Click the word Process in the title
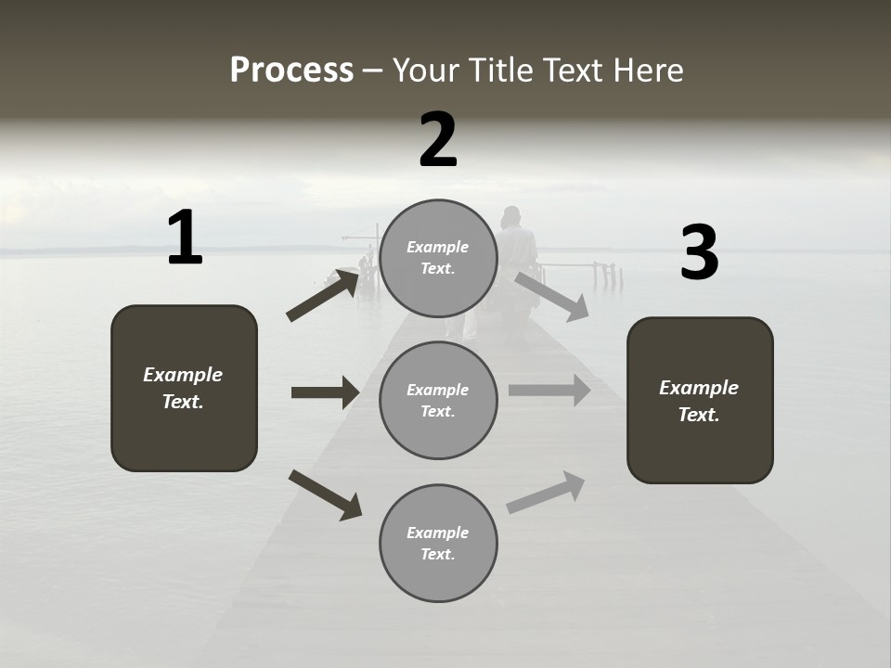coord(291,71)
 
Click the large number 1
coord(185,238)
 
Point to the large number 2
coord(438,140)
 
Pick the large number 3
coord(699,252)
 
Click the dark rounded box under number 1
coord(184,388)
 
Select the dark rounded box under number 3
coord(700,400)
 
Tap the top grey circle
coord(438,258)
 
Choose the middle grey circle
coord(438,400)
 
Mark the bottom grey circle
coord(438,543)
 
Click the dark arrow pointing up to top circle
coord(323,295)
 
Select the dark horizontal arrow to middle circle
coord(325,392)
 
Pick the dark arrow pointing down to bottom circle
coord(325,495)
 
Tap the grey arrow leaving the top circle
coord(551,296)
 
